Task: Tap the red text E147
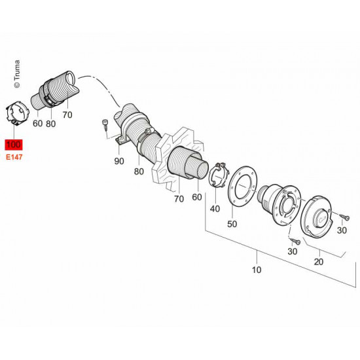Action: [x=13, y=158]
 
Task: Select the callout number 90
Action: [x=119, y=161]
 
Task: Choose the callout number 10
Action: [x=257, y=269]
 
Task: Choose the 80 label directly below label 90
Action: [x=138, y=172]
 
